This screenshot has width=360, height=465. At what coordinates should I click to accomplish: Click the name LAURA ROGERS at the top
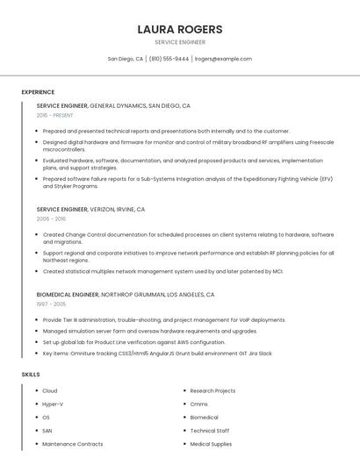pyautogui.click(x=180, y=29)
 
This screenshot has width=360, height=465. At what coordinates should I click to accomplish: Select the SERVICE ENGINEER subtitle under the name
pyautogui.click(x=180, y=42)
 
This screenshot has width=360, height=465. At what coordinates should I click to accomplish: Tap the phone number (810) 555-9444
pyautogui.click(x=169, y=59)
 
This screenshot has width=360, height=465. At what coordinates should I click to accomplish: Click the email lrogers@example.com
pyautogui.click(x=223, y=59)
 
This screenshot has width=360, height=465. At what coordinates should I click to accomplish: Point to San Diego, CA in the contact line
pyautogui.click(x=126, y=59)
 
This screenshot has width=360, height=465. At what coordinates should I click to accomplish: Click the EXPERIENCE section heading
pyautogui.click(x=38, y=92)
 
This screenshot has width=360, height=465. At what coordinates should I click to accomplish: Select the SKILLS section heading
pyautogui.click(x=31, y=375)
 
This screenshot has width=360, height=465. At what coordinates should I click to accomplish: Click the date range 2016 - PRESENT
pyautogui.click(x=55, y=115)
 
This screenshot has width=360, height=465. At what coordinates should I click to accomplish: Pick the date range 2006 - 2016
pyautogui.click(x=51, y=219)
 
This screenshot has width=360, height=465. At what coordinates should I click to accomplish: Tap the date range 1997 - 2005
pyautogui.click(x=51, y=304)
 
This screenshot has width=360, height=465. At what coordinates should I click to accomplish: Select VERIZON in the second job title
pyautogui.click(x=108, y=210)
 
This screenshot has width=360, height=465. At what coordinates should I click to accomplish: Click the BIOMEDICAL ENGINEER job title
pyautogui.click(x=68, y=295)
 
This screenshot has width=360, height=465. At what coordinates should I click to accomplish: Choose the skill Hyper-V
pyautogui.click(x=53, y=404)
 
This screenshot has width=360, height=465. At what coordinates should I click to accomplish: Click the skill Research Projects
pyautogui.click(x=212, y=390)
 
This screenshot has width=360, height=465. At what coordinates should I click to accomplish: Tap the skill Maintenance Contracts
pyautogui.click(x=72, y=444)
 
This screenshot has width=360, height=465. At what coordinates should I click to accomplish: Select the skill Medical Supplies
pyautogui.click(x=211, y=444)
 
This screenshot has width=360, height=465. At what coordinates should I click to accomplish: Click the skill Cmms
pyautogui.click(x=199, y=404)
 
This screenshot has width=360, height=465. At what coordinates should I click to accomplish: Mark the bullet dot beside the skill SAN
pyautogui.click(x=35, y=431)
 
